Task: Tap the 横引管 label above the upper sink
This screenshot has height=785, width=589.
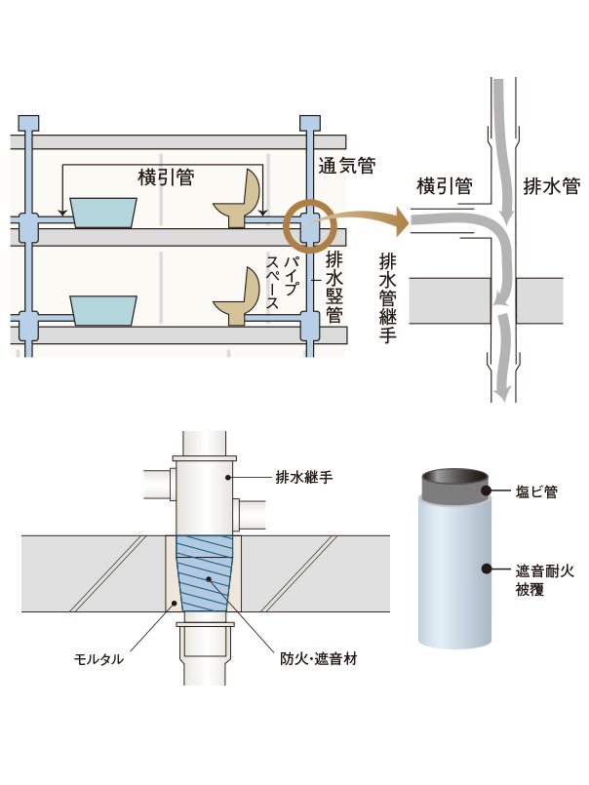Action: click(x=167, y=177)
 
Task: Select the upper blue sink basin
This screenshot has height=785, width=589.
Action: click(x=103, y=213)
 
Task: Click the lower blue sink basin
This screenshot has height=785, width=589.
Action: click(x=103, y=309)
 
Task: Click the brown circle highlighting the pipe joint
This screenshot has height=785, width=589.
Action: click(x=309, y=227)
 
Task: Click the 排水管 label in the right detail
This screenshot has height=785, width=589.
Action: click(x=551, y=185)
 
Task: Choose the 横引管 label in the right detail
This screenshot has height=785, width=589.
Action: click(x=444, y=185)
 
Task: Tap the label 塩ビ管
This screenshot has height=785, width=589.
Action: click(x=536, y=492)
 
